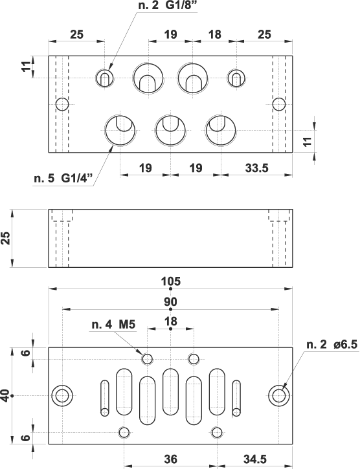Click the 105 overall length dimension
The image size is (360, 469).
[x=171, y=281]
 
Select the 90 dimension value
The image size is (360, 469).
[x=171, y=301]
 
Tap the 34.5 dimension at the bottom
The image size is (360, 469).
[x=254, y=459]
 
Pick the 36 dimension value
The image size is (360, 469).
[x=170, y=459]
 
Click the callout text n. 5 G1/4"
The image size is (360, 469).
[x=62, y=177]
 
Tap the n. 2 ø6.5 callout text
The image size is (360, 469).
[x=331, y=345]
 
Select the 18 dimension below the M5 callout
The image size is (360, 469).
[x=171, y=321]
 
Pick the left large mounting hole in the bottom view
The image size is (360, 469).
[x=63, y=395]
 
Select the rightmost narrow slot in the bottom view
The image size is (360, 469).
[x=236, y=399]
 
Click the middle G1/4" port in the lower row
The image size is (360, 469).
[x=170, y=131]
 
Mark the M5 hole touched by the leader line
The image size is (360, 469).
[x=148, y=358]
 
